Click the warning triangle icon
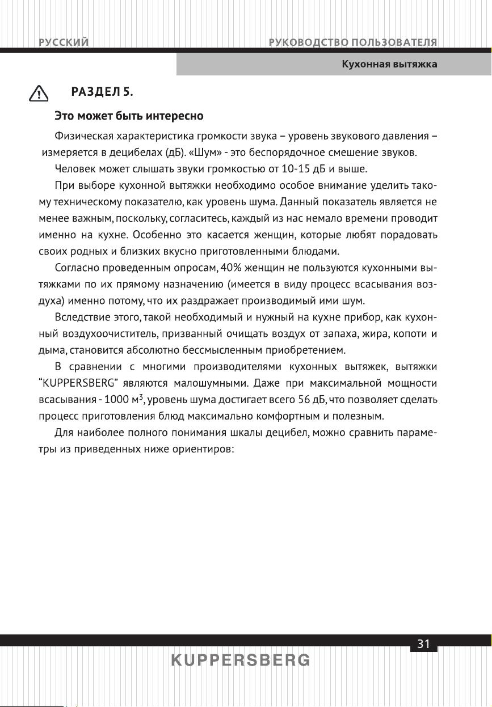pyautogui.click(x=39, y=93)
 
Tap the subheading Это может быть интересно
pyautogui.click(x=128, y=116)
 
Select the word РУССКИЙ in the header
pyautogui.click(x=63, y=43)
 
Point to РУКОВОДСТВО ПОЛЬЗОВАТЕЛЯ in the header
pyautogui.click(x=352, y=43)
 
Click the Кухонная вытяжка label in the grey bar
pyautogui.click(x=389, y=64)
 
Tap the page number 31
pyautogui.click(x=423, y=644)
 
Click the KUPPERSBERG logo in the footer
pyautogui.click(x=241, y=661)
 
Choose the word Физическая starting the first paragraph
pyautogui.click(x=83, y=137)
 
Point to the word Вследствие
pyautogui.click(x=83, y=316)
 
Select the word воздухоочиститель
pyautogui.click(x=106, y=332)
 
